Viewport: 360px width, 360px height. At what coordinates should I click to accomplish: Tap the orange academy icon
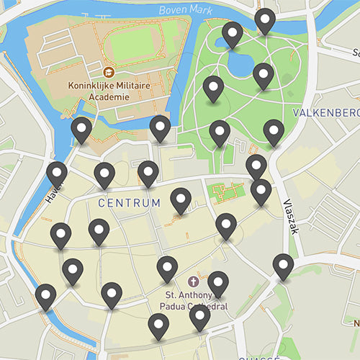click(x=108, y=72)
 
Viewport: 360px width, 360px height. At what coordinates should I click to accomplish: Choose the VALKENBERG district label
click(x=326, y=114)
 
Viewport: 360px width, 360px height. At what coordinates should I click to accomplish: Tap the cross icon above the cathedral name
click(x=193, y=281)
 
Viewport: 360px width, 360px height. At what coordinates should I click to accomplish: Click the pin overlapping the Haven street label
click(x=57, y=174)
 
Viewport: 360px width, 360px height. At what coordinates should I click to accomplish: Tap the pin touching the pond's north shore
click(x=233, y=34)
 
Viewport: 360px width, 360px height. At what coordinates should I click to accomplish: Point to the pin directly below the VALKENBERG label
click(x=274, y=132)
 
